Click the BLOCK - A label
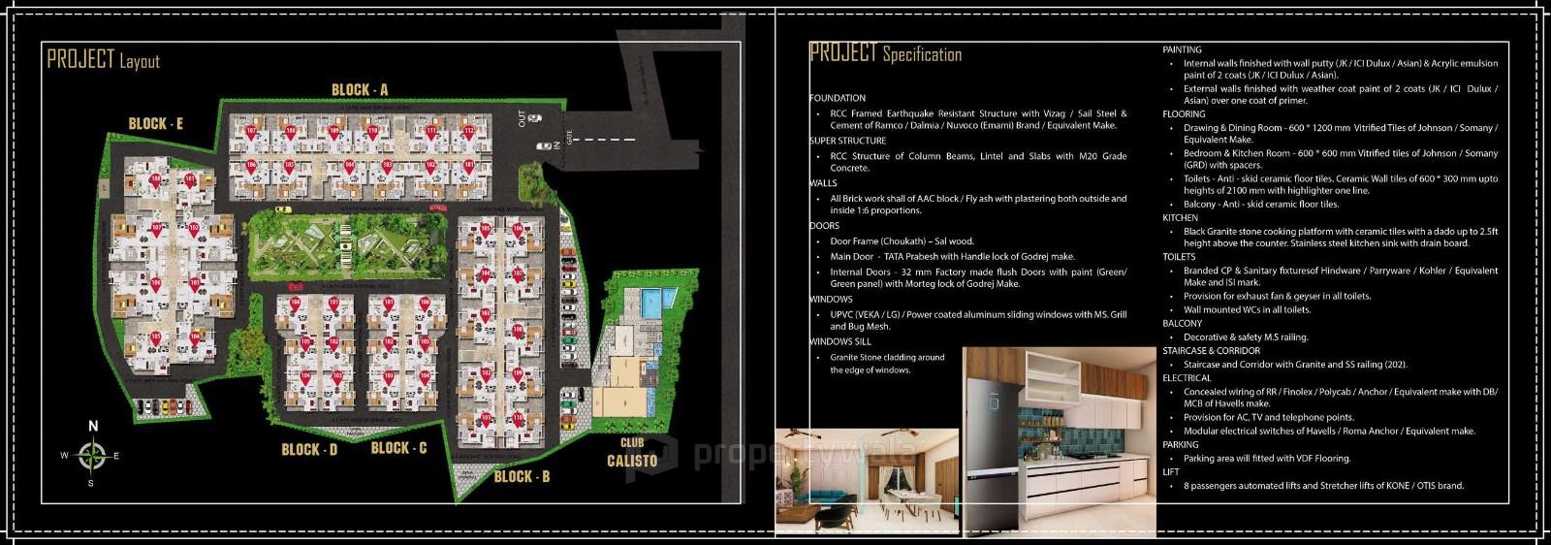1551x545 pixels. (x=360, y=90)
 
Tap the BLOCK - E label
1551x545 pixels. (x=156, y=123)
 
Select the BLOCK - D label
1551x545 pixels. (x=309, y=449)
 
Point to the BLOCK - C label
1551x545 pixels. (x=398, y=447)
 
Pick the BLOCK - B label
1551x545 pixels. (x=522, y=476)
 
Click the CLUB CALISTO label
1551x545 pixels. (x=632, y=453)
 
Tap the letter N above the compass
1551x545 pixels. (x=93, y=426)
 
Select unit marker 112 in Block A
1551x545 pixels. (x=468, y=131)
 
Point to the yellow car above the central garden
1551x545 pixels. (x=280, y=208)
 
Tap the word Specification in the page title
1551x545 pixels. (x=922, y=54)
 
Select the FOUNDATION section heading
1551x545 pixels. (x=838, y=98)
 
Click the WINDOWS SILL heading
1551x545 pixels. (x=840, y=341)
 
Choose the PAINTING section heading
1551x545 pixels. (x=1182, y=49)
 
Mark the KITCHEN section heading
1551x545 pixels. (x=1181, y=218)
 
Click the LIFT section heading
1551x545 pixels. (x=1171, y=472)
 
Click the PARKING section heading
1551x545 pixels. (x=1181, y=444)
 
